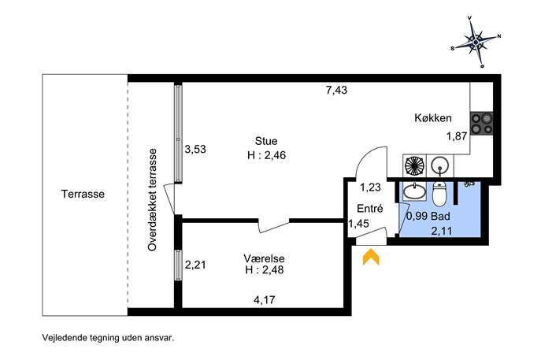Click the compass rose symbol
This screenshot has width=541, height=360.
click(476, 42)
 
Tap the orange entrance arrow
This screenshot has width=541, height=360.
click(371, 257)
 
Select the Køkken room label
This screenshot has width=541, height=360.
click(432, 118)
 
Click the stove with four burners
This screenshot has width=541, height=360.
click(482, 123)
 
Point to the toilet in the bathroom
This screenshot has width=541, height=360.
click(440, 195)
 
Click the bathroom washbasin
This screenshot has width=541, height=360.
click(414, 191)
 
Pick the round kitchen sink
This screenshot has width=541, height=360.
click(439, 165)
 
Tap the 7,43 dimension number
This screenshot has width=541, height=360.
click(336, 91)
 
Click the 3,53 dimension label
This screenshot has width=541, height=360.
click(195, 149)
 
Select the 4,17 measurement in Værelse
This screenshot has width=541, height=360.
click(265, 299)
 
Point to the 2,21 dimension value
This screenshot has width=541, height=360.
click(195, 265)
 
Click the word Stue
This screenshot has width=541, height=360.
click(266, 141)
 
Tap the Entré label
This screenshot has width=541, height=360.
click(370, 209)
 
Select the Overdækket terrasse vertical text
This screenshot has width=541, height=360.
click(152, 199)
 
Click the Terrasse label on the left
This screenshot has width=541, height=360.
click(83, 194)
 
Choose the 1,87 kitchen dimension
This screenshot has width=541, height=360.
click(457, 136)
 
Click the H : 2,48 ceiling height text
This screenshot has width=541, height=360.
click(265, 269)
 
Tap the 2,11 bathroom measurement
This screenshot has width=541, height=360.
click(442, 231)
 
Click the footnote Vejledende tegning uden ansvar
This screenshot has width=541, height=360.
click(108, 337)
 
